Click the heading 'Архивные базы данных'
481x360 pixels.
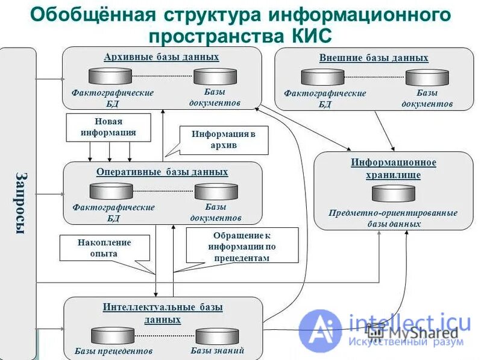[x=161, y=57]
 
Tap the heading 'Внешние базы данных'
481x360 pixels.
[x=373, y=58]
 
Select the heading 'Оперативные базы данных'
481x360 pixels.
[x=162, y=172]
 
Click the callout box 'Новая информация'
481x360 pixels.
[x=107, y=127]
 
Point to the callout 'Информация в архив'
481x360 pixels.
[x=223, y=139]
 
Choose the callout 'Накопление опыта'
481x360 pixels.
[x=104, y=248]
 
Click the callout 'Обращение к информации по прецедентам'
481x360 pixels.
[x=242, y=245]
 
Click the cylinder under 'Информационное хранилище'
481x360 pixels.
[x=393, y=193]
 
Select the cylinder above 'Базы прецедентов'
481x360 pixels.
[x=113, y=335]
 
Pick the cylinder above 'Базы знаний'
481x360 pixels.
[x=217, y=336]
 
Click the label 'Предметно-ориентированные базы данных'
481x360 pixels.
[x=393, y=218]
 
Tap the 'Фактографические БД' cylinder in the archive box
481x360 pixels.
[x=110, y=76]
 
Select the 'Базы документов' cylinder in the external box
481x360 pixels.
[x=427, y=77]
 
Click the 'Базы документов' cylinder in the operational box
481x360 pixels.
[x=216, y=191]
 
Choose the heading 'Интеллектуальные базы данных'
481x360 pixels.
[x=162, y=313]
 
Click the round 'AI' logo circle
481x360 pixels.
[x=320, y=330]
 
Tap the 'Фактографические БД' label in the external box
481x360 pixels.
[x=325, y=98]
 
